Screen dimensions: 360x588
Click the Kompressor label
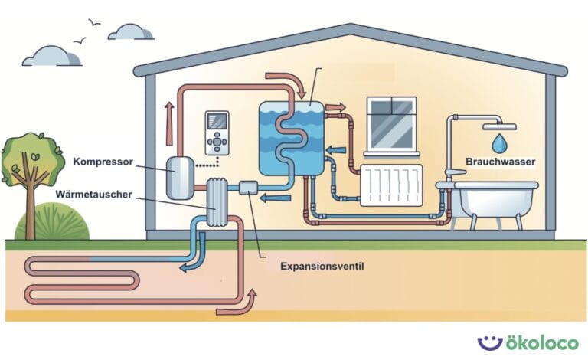point(103,162)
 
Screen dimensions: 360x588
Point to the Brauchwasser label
point(501,162)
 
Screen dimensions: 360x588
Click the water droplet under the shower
point(499,142)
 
